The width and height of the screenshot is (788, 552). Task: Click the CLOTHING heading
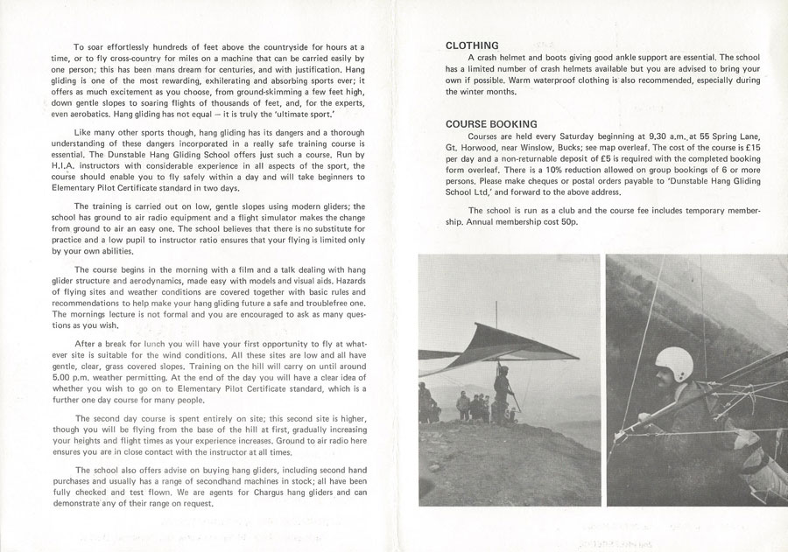(x=472, y=45)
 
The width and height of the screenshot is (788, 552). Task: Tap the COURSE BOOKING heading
(x=491, y=124)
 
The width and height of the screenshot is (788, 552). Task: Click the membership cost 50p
(x=566, y=222)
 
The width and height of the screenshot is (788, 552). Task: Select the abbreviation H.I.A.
(x=91, y=166)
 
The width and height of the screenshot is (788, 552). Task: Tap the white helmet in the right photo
(x=674, y=365)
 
